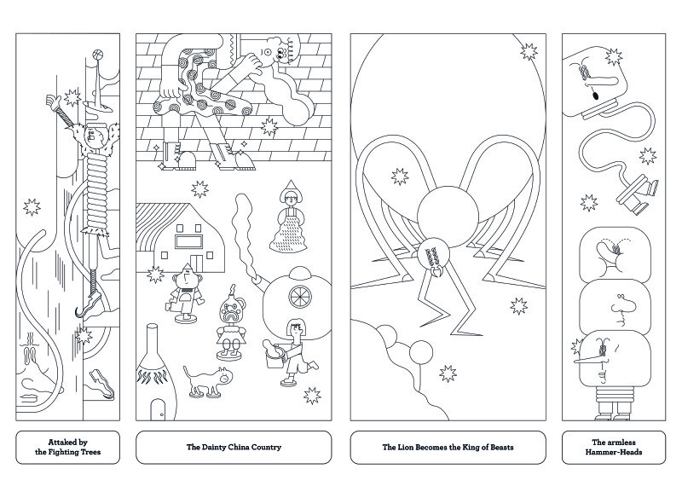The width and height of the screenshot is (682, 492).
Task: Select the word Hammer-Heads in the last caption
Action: [x=613, y=452]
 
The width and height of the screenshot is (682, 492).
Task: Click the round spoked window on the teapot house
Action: [x=300, y=296]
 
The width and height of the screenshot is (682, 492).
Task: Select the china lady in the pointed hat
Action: [x=288, y=217]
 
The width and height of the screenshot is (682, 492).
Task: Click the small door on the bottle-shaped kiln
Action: [x=159, y=410]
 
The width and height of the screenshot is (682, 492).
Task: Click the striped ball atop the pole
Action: [x=97, y=55]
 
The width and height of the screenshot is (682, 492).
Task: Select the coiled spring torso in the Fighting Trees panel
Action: [x=96, y=189]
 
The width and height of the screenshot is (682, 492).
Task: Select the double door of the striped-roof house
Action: [x=196, y=263]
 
